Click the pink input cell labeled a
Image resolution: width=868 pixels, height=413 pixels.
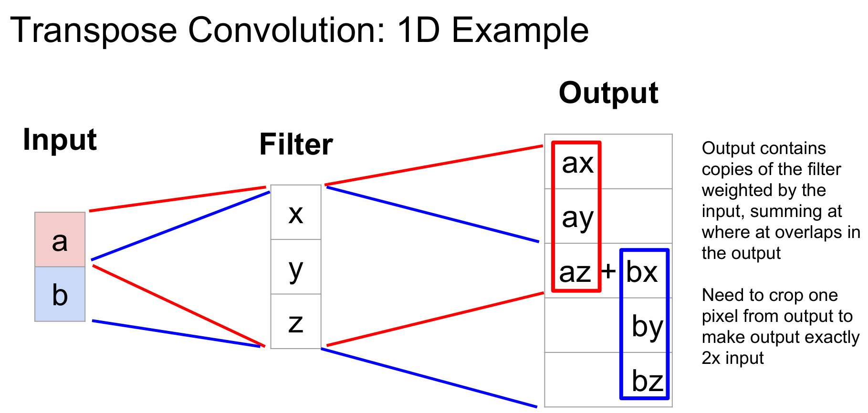[x=60, y=239]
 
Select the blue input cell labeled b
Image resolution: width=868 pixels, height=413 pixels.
[x=60, y=294]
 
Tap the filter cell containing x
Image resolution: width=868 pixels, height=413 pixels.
[x=295, y=213]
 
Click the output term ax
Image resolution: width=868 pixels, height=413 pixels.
[x=577, y=163]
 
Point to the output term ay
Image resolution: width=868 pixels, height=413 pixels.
[x=577, y=218]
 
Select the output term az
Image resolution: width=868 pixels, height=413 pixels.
[x=575, y=272]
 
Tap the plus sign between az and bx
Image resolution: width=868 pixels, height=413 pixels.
[x=608, y=271]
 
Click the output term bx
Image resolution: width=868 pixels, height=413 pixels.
[x=642, y=272]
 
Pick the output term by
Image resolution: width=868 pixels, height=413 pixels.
[x=647, y=327]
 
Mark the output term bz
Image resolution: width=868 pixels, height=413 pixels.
[x=647, y=381]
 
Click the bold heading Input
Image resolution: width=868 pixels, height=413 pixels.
[x=60, y=140]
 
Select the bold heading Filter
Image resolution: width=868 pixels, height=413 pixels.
[x=296, y=145]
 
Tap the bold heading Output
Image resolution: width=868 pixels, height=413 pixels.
[x=608, y=93]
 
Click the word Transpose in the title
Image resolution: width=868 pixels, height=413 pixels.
[x=94, y=30]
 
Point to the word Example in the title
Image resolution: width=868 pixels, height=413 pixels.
[x=520, y=30]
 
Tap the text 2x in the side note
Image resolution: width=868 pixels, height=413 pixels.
[x=711, y=358]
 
